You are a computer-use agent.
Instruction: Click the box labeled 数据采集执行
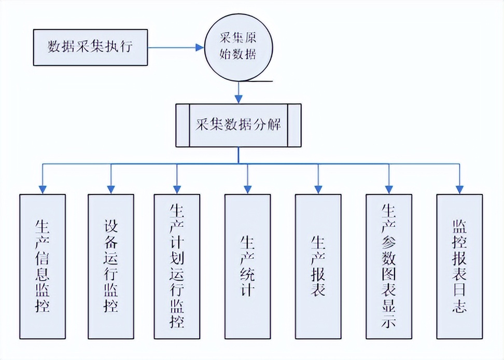[91, 47]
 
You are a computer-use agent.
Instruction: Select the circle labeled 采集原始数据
[238, 47]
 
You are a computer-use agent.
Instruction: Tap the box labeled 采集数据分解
[239, 125]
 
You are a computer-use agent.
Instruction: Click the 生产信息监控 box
[43, 266]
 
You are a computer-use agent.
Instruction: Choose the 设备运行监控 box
[111, 266]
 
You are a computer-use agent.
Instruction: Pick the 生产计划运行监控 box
[177, 266]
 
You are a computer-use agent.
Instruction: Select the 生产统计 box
[247, 266]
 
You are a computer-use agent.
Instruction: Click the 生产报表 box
[318, 266]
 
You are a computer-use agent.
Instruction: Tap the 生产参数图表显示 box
[388, 266]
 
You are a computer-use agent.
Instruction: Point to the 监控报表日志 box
[459, 266]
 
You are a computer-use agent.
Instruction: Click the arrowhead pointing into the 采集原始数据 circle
[200, 47]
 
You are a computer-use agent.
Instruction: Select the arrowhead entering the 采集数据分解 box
[239, 99]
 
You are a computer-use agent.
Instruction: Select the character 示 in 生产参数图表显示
[388, 321]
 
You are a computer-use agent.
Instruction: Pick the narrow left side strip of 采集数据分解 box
[183, 125]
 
